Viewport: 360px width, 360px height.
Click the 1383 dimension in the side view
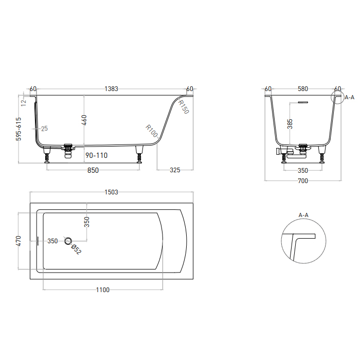(112, 89)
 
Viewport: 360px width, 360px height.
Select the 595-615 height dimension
(19, 129)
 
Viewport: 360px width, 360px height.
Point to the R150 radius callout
(184, 107)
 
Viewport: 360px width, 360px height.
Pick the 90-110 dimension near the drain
(97, 155)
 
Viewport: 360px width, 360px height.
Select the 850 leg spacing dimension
(93, 171)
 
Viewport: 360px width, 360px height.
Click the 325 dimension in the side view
(175, 171)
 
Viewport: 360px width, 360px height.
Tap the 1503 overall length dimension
(112, 192)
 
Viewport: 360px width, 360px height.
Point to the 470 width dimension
(19, 241)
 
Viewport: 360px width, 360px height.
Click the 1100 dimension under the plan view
(103, 290)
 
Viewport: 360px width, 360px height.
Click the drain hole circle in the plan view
(68, 241)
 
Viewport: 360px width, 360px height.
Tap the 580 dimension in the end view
(302, 89)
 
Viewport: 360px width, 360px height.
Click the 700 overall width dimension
(302, 181)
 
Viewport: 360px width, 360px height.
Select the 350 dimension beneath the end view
(302, 171)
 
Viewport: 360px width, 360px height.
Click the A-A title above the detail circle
(303, 215)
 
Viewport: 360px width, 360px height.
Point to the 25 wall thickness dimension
(44, 128)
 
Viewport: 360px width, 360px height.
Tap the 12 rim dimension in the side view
(24, 102)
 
